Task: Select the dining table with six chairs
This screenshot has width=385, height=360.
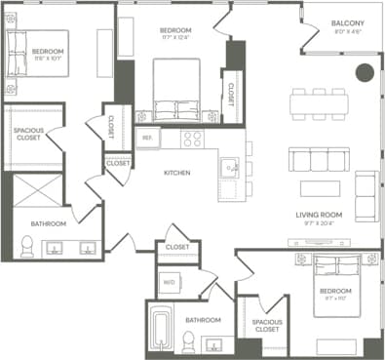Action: (319, 104)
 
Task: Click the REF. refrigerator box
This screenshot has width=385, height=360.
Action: (148, 139)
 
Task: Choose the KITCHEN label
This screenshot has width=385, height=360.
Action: (176, 173)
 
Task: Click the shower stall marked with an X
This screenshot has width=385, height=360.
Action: (36, 190)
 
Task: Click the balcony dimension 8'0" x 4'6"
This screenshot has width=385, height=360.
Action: (347, 31)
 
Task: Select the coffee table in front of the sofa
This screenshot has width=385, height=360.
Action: (320, 187)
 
